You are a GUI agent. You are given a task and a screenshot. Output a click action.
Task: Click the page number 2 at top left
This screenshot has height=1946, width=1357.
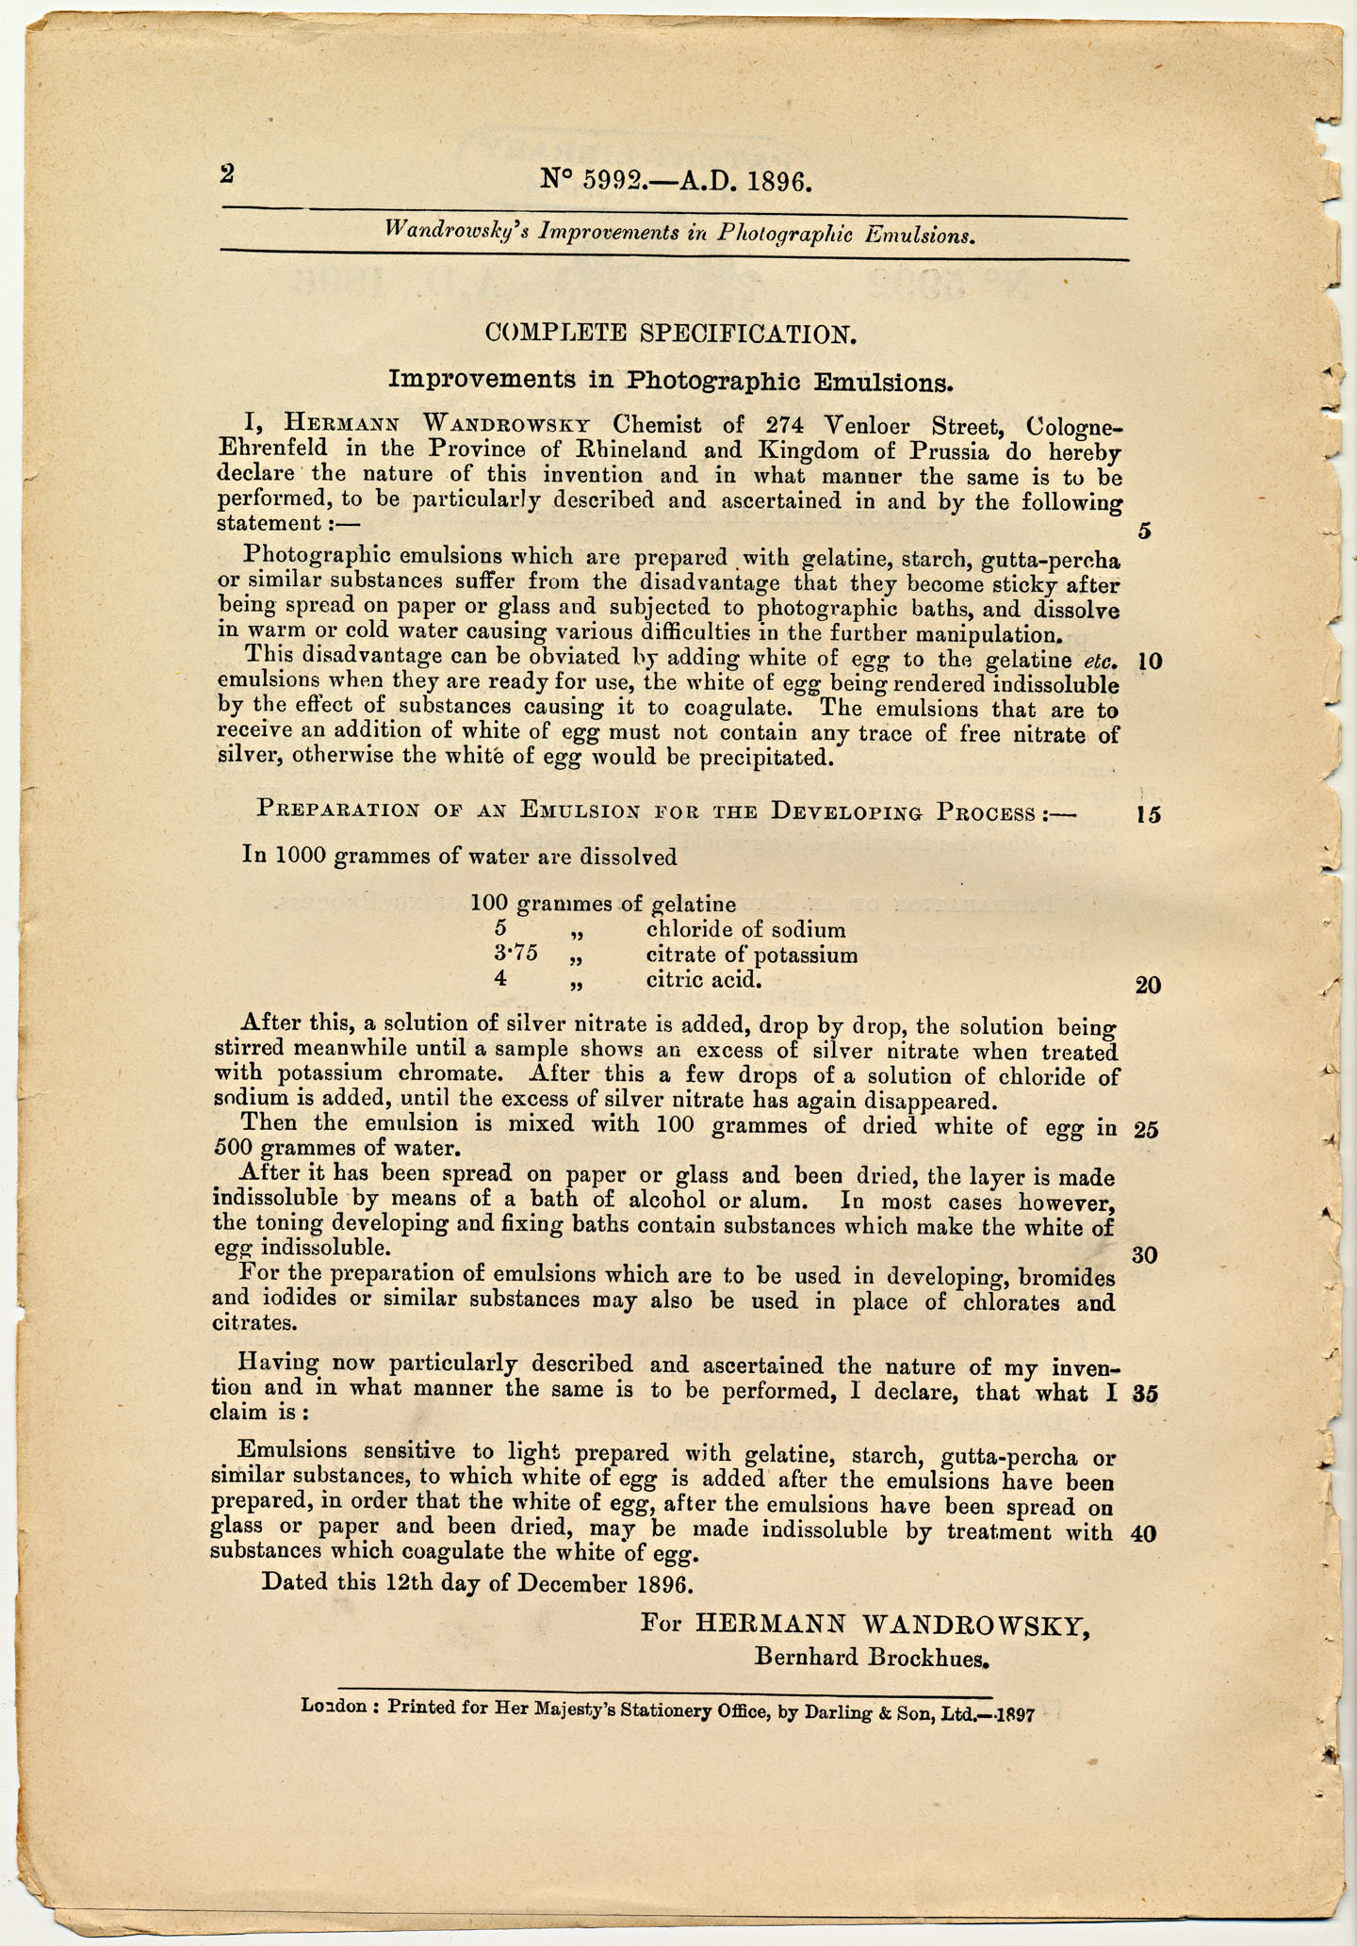click(x=227, y=173)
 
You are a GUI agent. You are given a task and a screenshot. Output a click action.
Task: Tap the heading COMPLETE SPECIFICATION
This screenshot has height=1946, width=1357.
click(x=671, y=333)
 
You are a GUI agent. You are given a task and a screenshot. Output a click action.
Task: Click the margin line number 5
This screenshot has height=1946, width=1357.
click(x=1144, y=531)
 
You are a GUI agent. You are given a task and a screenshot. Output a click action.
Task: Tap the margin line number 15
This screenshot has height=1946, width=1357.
click(x=1148, y=814)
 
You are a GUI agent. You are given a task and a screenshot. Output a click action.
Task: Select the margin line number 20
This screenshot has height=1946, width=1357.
click(x=1148, y=986)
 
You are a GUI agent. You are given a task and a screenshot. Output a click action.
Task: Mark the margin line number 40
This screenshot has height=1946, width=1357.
click(x=1143, y=1533)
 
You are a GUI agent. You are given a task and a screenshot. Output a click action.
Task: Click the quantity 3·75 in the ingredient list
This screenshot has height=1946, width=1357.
click(x=515, y=954)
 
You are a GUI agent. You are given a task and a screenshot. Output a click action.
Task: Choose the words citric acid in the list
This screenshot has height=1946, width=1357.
click(x=703, y=979)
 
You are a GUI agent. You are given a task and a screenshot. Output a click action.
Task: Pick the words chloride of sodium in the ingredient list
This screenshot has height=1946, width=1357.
click(x=745, y=929)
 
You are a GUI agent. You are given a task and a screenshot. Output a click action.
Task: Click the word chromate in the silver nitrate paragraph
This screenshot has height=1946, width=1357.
click(x=449, y=1072)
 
